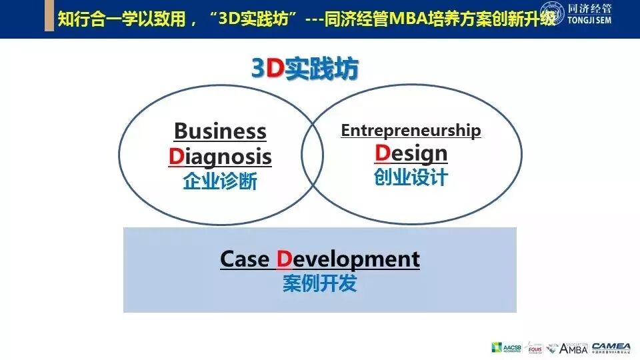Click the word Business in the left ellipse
pyautogui.click(x=220, y=131)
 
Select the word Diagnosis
pyautogui.click(x=220, y=157)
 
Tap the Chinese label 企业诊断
pyautogui.click(x=220, y=181)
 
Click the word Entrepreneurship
pyautogui.click(x=411, y=131)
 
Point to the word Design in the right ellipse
pyautogui.click(x=411, y=154)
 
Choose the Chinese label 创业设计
pyautogui.click(x=411, y=177)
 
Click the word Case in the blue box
pyautogui.click(x=244, y=259)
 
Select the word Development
pyautogui.click(x=348, y=259)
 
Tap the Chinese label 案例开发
pyautogui.click(x=320, y=283)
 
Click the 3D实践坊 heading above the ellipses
pyautogui.click(x=305, y=69)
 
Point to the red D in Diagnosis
pyautogui.click(x=175, y=157)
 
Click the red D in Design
pyautogui.click(x=382, y=153)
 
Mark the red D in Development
pyautogui.click(x=285, y=259)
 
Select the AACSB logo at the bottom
pyautogui.click(x=506, y=347)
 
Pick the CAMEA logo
pyautogui.click(x=611, y=347)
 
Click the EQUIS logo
pyautogui.click(x=535, y=347)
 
